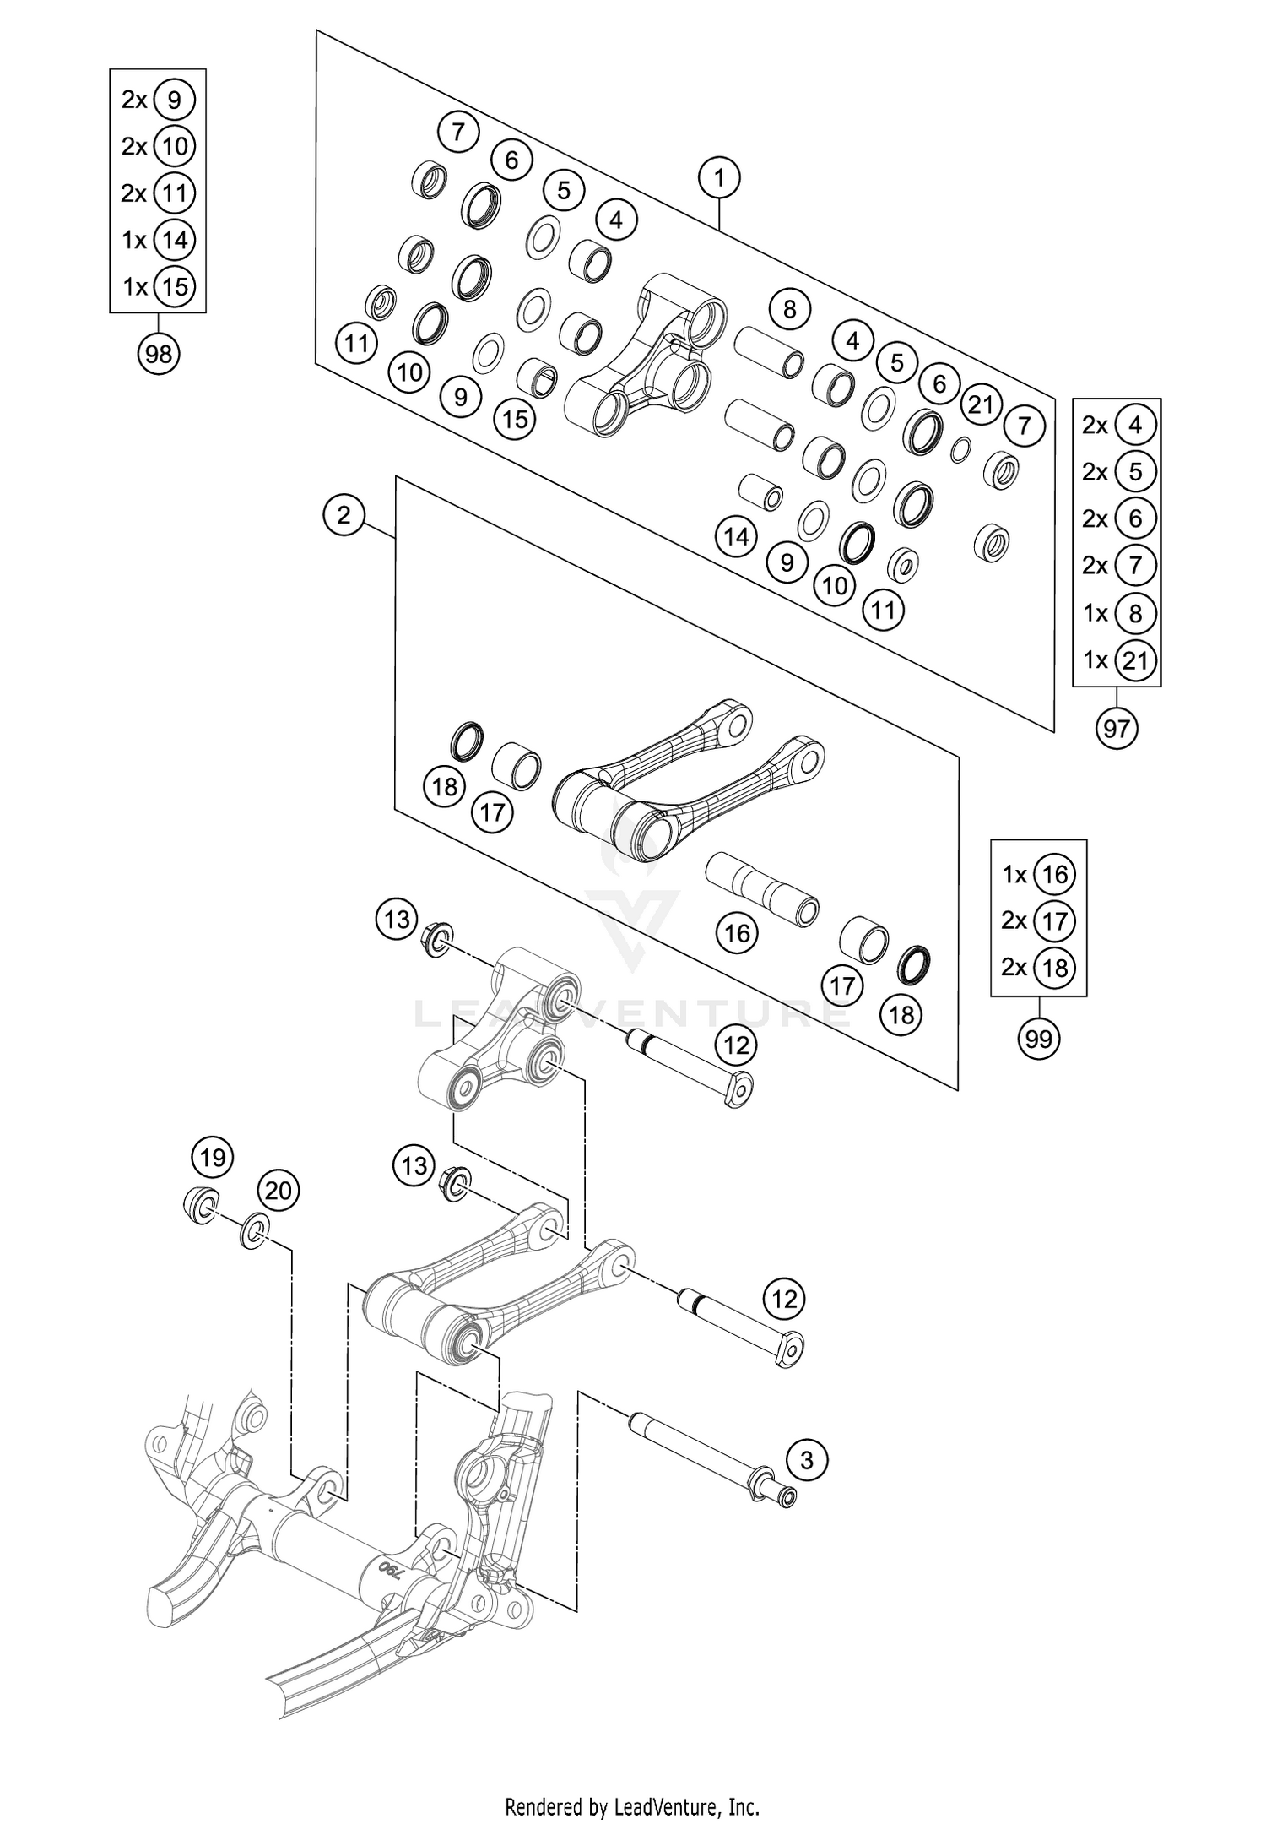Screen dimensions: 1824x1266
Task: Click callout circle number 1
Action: pos(719,178)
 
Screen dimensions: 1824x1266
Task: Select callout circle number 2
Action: pos(344,514)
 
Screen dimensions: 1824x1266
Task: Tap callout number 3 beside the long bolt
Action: pos(807,1459)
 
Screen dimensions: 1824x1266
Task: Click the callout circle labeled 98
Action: pos(159,355)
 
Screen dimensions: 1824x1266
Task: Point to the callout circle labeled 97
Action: pos(1117,727)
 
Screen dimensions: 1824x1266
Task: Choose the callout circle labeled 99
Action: pos(1039,1038)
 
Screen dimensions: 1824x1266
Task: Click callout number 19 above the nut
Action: pos(213,1157)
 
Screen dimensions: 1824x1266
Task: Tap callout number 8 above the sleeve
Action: pos(789,309)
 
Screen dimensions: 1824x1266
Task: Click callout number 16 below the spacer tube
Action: pos(737,933)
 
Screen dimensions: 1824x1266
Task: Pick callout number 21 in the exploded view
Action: pos(981,404)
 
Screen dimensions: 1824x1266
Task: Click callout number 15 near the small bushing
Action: pos(516,418)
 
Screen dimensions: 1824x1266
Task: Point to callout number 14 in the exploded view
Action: pos(736,535)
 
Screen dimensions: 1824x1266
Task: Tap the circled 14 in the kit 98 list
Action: pos(175,240)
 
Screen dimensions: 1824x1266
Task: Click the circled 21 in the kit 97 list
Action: pos(1135,660)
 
